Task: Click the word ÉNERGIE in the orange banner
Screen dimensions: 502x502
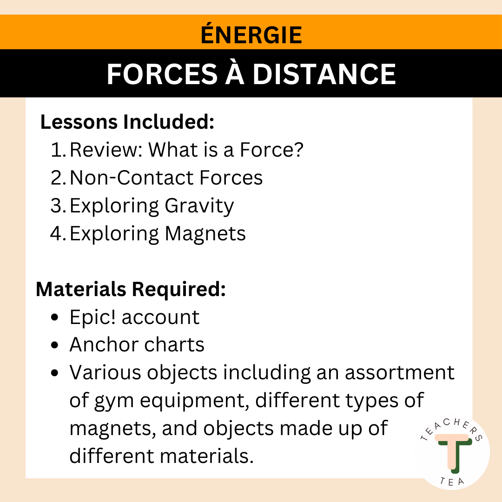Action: pyautogui.click(x=251, y=35)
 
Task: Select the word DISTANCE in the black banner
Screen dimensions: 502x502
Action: pyautogui.click(x=324, y=74)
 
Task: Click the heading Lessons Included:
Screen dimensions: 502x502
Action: pyautogui.click(x=127, y=122)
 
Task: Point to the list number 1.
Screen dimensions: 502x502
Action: pyautogui.click(x=58, y=150)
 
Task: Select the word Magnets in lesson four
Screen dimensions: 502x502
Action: pyautogui.click(x=205, y=234)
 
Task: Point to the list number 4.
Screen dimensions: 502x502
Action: pyautogui.click(x=58, y=234)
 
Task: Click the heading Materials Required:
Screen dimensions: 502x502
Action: pyautogui.click(x=131, y=289)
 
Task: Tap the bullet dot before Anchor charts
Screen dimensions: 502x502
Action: pyautogui.click(x=55, y=345)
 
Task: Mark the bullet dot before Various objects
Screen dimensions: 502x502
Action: pyautogui.click(x=55, y=373)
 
